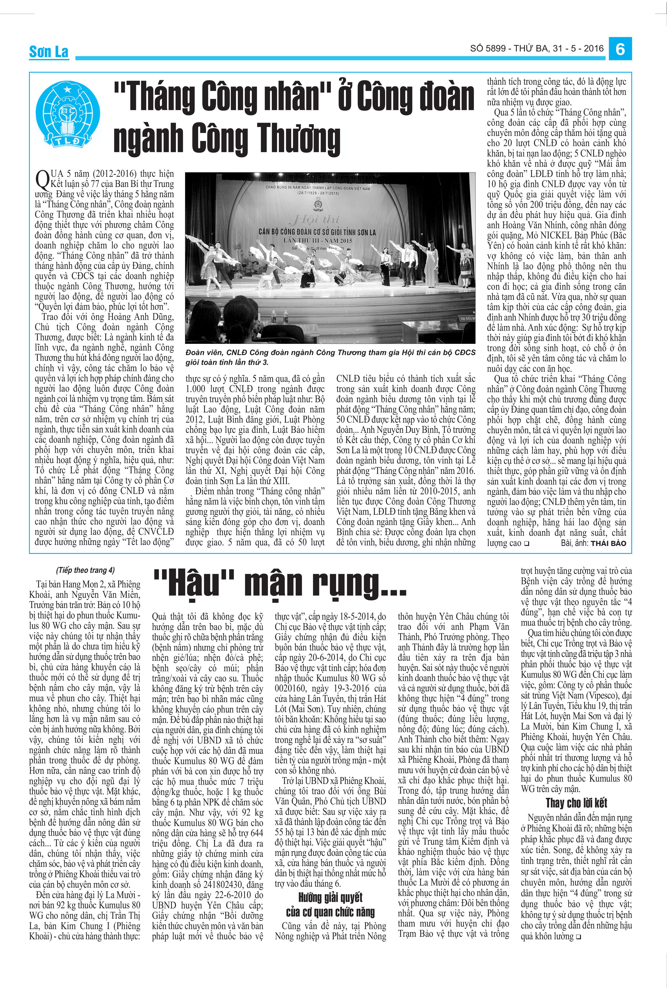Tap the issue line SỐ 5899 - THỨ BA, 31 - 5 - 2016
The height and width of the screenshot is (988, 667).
tap(537, 49)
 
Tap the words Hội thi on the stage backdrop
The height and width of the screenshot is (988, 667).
tap(315, 219)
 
